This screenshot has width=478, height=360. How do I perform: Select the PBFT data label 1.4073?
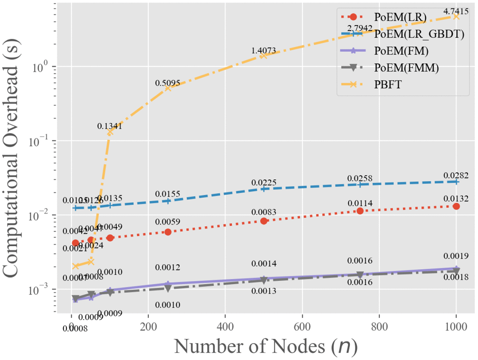click(x=264, y=51)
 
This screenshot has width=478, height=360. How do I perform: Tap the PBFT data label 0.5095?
click(x=168, y=83)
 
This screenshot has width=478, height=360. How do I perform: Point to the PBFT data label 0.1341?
click(x=110, y=126)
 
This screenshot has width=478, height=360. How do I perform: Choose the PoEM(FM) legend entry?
click(x=401, y=51)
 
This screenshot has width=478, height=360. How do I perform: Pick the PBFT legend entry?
click(x=388, y=85)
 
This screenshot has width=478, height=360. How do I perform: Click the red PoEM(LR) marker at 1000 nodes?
click(x=456, y=206)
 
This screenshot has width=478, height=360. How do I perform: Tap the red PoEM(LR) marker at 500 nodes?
click(x=264, y=221)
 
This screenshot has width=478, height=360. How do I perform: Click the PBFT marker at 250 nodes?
click(x=168, y=88)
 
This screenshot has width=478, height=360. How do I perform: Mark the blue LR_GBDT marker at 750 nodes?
click(x=360, y=184)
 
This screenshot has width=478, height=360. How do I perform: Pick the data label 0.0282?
click(x=456, y=175)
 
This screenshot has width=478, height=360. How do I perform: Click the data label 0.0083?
click(x=264, y=212)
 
